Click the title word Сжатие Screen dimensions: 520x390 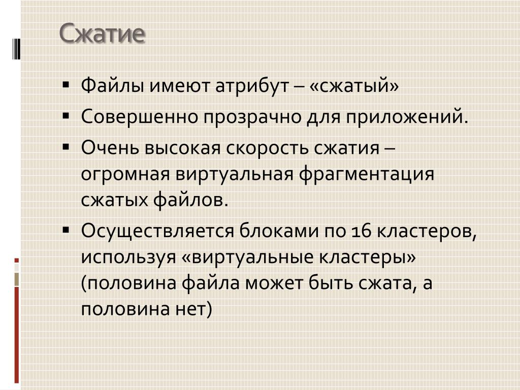click(102, 33)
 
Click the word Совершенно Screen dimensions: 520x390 click(140, 117)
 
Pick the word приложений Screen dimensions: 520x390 click(407, 118)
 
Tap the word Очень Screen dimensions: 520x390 click(110, 148)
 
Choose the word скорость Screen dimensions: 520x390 click(267, 148)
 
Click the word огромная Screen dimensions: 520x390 click(125, 175)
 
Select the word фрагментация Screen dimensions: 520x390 click(367, 174)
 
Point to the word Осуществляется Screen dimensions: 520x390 click(157, 231)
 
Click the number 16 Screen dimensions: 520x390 click(361, 231)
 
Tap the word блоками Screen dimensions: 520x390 click(279, 231)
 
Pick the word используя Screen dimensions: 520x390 click(128, 257)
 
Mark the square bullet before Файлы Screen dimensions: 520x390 click(66, 85)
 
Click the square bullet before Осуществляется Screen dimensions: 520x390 click(66, 230)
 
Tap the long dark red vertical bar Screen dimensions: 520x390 click(17, 335)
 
